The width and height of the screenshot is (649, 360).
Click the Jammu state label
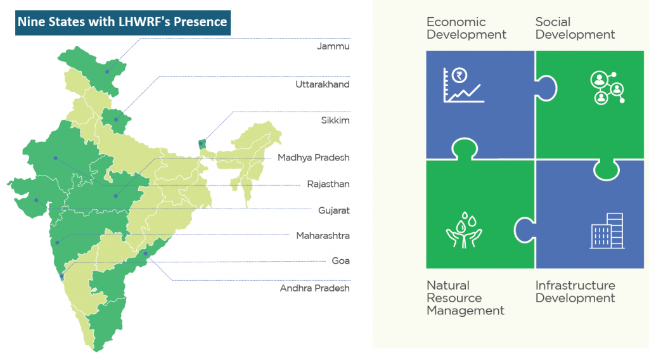[x=333, y=46]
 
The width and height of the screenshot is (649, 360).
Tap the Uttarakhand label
[x=323, y=84]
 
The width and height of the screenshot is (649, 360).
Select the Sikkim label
[x=335, y=120]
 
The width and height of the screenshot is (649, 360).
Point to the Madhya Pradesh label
[x=313, y=158]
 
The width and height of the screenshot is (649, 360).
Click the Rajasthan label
[x=328, y=184]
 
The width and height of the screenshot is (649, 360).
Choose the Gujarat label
[x=333, y=210]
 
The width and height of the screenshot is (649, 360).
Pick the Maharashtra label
[x=323, y=236]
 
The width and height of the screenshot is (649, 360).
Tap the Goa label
[x=340, y=260]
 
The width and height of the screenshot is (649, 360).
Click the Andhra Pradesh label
[x=314, y=288]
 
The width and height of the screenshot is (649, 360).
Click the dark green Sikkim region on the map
[x=202, y=145]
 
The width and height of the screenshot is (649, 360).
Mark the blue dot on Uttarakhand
[x=116, y=120]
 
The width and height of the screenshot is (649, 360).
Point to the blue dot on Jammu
[x=107, y=72]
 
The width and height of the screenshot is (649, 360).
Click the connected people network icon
[x=607, y=87]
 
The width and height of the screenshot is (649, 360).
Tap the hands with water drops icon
[x=464, y=230]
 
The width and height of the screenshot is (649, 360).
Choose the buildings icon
[x=607, y=231]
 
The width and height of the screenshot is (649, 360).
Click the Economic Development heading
[x=466, y=28]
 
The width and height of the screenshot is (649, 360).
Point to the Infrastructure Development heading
[x=575, y=292]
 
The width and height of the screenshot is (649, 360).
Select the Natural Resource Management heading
[x=466, y=298]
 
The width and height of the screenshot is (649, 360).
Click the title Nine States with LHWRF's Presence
[x=122, y=22]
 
